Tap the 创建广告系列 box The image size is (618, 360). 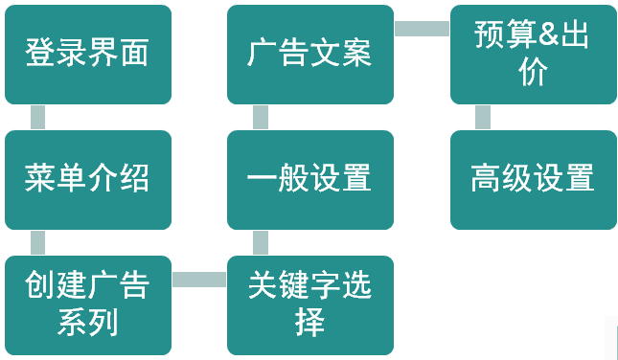point(88,305)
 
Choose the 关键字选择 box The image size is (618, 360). point(310,305)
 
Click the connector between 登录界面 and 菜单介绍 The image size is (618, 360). point(38,118)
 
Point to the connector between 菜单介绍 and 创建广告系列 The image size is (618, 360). point(38,243)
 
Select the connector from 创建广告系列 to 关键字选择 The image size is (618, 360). point(199,280)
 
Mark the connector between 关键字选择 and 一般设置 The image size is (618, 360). point(261,243)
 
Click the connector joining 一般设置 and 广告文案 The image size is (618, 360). point(261,118)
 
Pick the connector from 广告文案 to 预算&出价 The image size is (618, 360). point(422,29)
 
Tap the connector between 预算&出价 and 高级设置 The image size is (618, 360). point(483,118)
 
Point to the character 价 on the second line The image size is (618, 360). point(533,73)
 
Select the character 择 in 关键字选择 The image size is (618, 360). point(309,322)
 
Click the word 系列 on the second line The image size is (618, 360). point(88,322)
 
